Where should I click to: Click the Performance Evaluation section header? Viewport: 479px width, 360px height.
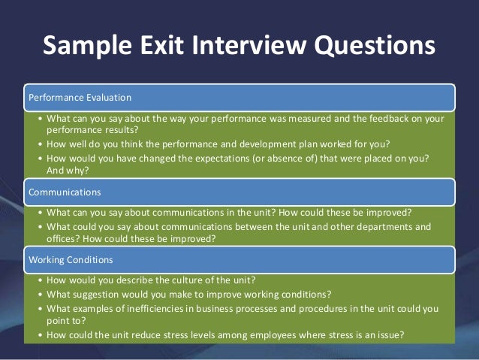point(80,97)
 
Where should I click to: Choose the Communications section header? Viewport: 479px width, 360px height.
point(64,192)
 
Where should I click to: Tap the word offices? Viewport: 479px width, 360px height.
point(62,239)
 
